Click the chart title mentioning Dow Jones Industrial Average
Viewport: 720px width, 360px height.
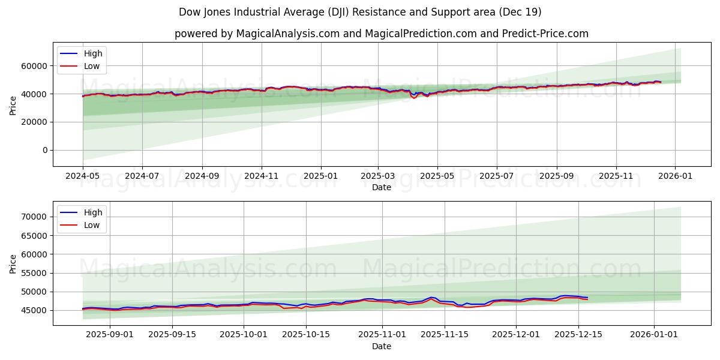(x=360, y=12)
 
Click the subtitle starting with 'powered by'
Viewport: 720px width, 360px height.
(x=382, y=34)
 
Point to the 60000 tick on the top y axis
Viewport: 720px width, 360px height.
(x=35, y=65)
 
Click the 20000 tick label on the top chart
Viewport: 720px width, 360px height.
(x=35, y=122)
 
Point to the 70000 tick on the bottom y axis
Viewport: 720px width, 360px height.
(x=35, y=217)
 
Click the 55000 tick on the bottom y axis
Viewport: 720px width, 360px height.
(x=35, y=273)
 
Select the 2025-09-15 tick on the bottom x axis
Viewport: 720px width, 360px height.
(x=173, y=334)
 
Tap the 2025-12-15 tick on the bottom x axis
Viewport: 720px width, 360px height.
(x=578, y=334)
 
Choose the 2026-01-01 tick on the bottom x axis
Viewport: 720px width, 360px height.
(x=653, y=334)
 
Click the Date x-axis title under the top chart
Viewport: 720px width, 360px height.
(x=382, y=187)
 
